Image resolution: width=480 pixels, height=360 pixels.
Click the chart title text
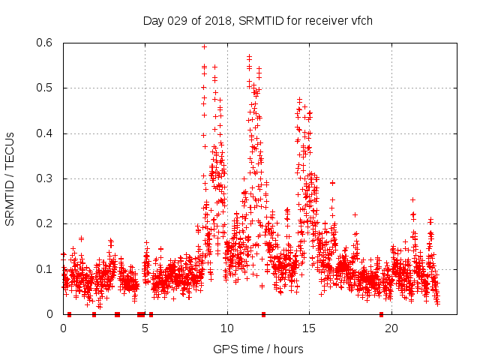click(257, 20)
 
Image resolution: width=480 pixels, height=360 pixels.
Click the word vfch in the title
click(361, 20)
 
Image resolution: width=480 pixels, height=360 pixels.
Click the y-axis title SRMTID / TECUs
click(10, 178)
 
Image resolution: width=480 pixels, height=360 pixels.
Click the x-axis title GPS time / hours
click(257, 349)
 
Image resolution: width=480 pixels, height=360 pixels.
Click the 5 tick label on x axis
click(145, 328)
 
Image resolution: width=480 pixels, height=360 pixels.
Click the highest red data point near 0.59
click(204, 46)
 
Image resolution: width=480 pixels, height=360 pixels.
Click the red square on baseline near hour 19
click(381, 314)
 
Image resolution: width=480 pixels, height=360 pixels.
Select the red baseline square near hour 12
click(263, 314)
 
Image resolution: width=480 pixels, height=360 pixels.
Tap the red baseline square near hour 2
click(94, 314)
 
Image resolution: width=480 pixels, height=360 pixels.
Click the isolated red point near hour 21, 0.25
click(412, 200)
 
